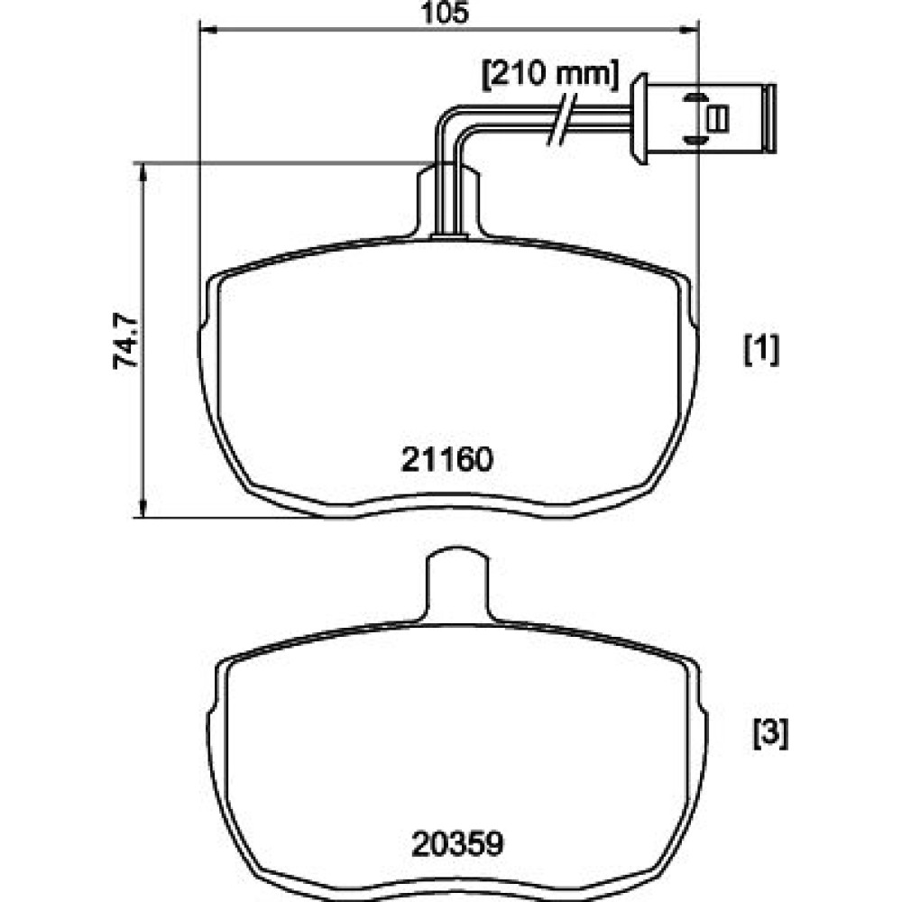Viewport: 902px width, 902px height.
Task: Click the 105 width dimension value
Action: tap(445, 13)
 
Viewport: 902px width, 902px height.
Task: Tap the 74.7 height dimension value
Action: tap(125, 341)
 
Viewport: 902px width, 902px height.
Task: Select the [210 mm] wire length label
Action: tap(550, 75)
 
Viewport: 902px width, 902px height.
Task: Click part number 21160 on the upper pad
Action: tap(447, 460)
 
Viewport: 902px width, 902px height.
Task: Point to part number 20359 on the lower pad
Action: tap(457, 844)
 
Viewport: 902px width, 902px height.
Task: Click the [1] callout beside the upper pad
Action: tap(761, 350)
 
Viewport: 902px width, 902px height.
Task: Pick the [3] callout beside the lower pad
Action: tap(771, 733)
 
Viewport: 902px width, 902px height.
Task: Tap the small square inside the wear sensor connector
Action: tap(718, 118)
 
